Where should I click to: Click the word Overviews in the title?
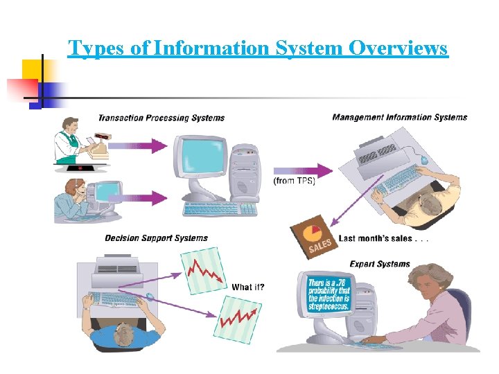(x=399, y=48)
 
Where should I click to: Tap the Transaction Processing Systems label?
(x=161, y=118)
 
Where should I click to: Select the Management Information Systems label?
(x=400, y=117)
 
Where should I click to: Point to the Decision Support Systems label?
(x=156, y=238)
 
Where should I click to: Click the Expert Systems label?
(x=380, y=264)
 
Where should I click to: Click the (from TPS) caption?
(x=295, y=181)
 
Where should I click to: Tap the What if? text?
(x=247, y=287)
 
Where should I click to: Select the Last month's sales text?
(x=383, y=238)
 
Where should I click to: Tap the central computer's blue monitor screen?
(x=201, y=157)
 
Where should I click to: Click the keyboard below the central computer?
(x=220, y=208)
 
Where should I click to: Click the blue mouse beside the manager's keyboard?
(x=423, y=161)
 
